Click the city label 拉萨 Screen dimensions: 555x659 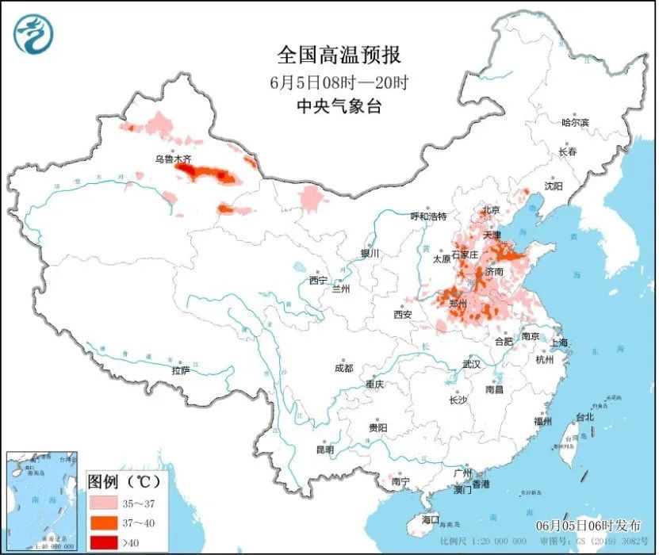click(181, 369)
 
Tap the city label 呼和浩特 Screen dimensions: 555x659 click(428, 216)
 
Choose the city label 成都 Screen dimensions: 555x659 click(344, 367)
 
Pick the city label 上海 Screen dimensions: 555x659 click(559, 343)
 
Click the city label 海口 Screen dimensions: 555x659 click(430, 519)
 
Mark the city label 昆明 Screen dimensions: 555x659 click(325, 449)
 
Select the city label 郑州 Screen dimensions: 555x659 click(458, 303)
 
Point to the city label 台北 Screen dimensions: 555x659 click(584, 416)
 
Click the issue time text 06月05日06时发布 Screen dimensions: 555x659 click(588, 526)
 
